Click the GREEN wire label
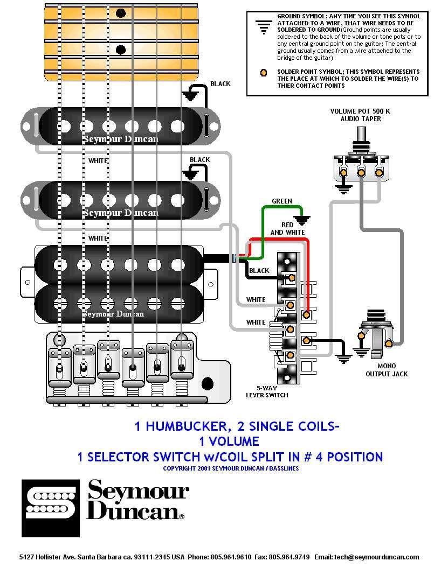coord(281,201)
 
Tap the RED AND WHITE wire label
coord(288,229)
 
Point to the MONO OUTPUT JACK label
coord(387,370)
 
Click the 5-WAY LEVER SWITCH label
coord(267,391)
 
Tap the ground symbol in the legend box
coord(264,27)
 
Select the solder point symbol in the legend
coord(264,73)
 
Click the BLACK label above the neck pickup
coord(220,83)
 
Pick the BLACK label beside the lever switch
coord(259,271)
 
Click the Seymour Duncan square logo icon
coord(51,508)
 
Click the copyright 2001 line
coord(231,468)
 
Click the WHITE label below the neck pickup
coord(98,160)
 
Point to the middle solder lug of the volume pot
coord(361,172)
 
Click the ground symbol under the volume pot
coord(343,189)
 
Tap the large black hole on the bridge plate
coord(207,383)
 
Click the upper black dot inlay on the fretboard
coord(121,13)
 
